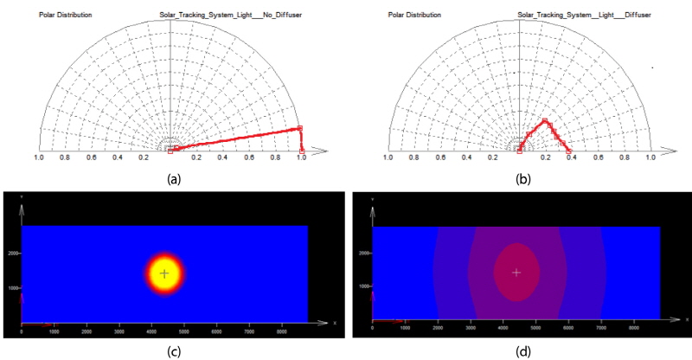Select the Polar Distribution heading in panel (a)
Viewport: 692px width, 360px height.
66,15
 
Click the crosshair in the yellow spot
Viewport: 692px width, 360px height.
163,273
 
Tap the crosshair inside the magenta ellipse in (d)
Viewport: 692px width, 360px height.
516,273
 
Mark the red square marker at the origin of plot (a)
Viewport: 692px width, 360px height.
170,151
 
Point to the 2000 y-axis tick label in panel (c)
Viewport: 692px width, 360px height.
13,254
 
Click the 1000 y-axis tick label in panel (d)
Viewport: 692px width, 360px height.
364,286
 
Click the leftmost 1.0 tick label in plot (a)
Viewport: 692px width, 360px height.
39,157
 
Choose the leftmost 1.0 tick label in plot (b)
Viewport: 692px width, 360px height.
388,157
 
